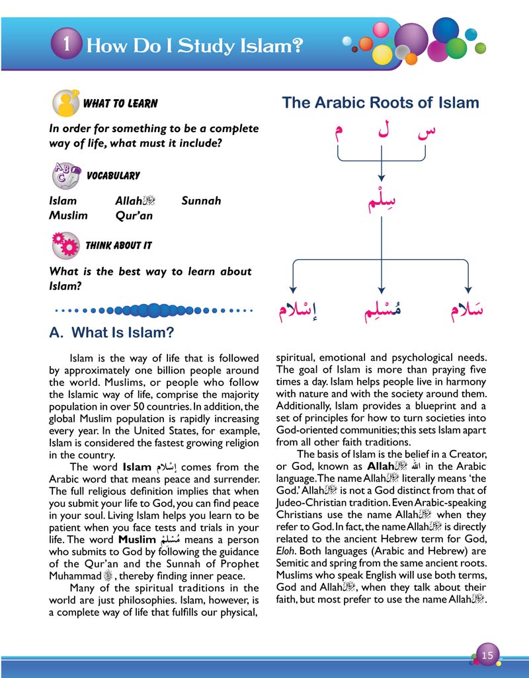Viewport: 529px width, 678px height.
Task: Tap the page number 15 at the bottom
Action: (x=488, y=655)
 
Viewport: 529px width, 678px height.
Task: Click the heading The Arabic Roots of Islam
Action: (x=380, y=103)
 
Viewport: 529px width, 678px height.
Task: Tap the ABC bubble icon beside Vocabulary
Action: (x=65, y=175)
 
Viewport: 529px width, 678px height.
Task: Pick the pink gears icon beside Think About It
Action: (x=65, y=245)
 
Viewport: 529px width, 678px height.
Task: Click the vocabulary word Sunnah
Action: (x=201, y=200)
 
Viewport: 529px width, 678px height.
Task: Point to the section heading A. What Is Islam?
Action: (x=112, y=332)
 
